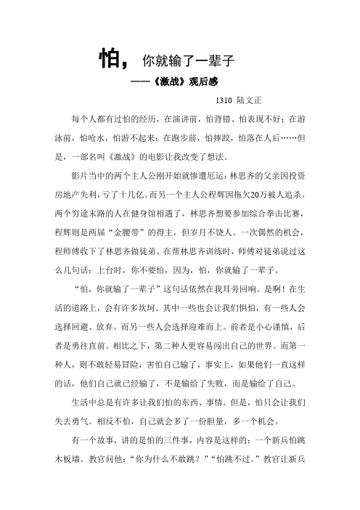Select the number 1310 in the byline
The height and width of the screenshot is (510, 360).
(x=226, y=101)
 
